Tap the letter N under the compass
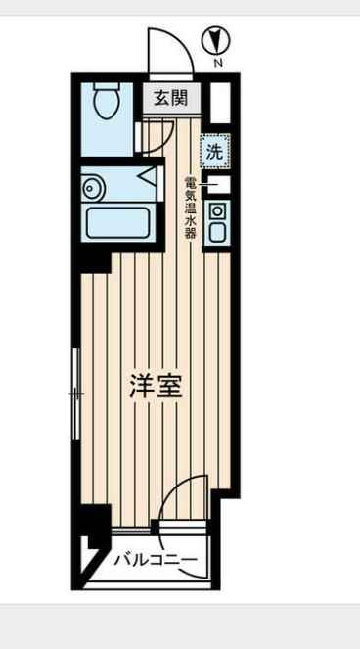click(x=217, y=63)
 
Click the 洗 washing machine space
click(x=214, y=151)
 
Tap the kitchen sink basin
click(x=216, y=232)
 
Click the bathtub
click(x=116, y=223)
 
